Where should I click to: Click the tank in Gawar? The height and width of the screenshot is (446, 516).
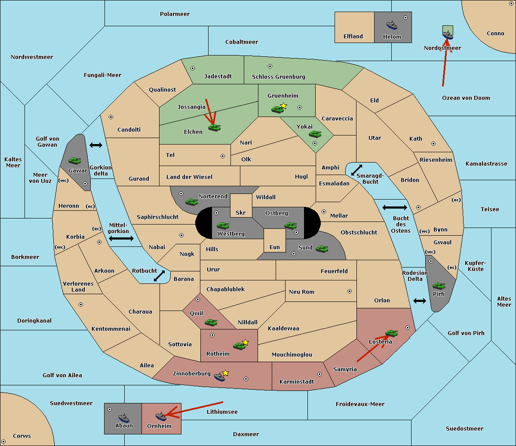[x=74, y=160]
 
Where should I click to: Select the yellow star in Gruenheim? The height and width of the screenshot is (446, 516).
[x=283, y=106]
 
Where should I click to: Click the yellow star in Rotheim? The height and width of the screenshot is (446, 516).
[x=245, y=342]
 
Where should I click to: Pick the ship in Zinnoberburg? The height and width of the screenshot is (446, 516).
[x=219, y=376]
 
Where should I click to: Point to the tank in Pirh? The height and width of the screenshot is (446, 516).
[x=439, y=286]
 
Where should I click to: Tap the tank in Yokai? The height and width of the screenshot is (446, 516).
[x=315, y=134]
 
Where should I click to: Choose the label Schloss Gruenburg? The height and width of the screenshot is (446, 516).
[x=278, y=77]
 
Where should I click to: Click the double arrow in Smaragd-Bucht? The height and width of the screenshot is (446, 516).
[x=356, y=170]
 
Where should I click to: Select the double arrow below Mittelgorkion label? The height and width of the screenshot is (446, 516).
[x=121, y=238]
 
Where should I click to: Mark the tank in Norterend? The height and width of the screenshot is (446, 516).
[x=191, y=202]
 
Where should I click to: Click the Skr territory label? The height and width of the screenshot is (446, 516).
[x=241, y=212]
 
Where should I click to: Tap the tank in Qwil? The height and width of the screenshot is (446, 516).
[x=211, y=322]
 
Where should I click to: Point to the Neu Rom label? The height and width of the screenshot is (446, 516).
[x=301, y=292]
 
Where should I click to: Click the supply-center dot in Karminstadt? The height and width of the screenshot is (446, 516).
[x=319, y=374]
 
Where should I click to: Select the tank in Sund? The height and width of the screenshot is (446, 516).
[x=322, y=249]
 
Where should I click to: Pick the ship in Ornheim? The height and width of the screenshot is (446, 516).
[x=161, y=416]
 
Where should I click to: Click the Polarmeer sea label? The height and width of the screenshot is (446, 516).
[x=175, y=14]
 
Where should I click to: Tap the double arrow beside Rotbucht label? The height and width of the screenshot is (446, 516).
[x=160, y=276]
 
